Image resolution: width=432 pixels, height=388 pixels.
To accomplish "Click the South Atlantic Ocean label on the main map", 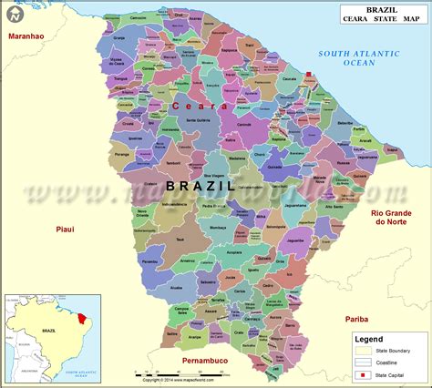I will pos(353,58).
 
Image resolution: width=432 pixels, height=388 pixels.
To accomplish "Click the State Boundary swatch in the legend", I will pos(363,350).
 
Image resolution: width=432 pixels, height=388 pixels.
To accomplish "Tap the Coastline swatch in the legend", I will pos(363,362).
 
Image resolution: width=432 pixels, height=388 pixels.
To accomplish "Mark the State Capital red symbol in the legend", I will pos(363,374).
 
